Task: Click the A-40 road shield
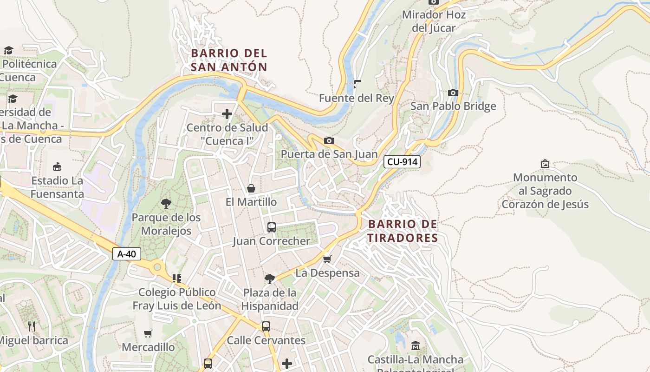point(126,254)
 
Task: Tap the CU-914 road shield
point(402,162)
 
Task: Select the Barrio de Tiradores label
point(403,231)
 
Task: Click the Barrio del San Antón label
point(229,60)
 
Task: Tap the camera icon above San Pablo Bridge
point(453,93)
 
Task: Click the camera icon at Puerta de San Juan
point(329,140)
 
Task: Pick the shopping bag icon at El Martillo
point(251,188)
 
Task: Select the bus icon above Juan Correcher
point(272,227)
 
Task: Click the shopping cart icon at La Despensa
point(327,259)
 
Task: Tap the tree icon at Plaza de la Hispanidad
point(269,279)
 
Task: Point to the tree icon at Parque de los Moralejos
point(166,203)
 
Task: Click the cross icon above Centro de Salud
point(227,113)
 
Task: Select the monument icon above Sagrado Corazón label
point(545,164)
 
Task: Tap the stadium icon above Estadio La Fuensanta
point(57,166)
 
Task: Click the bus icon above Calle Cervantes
point(266,326)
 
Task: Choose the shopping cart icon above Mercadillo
point(148,333)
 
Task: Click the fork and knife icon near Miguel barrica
point(32,326)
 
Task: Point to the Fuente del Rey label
point(356,98)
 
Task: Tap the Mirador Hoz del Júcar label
point(434,21)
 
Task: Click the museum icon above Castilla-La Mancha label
point(415,345)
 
